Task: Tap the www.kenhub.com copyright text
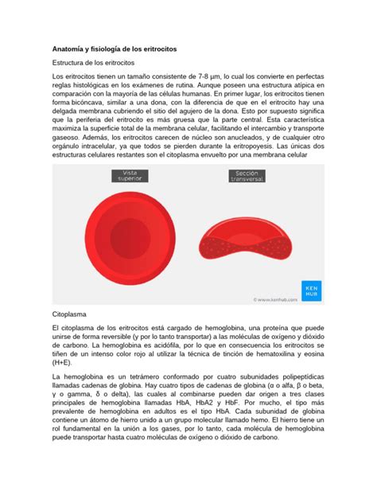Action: point(275,300)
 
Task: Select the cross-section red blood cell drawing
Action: point(247,242)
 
